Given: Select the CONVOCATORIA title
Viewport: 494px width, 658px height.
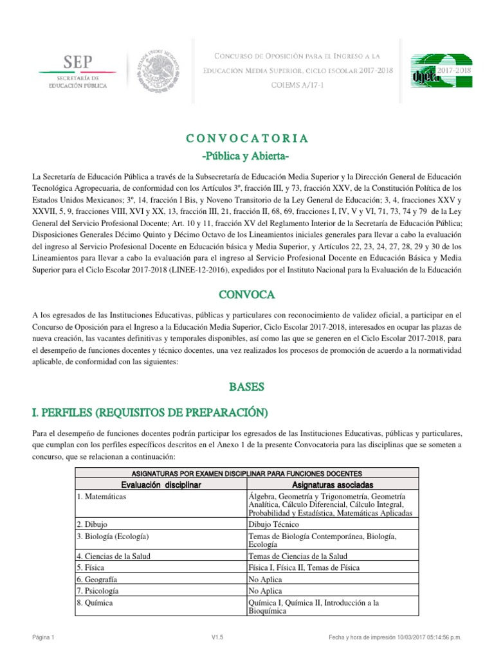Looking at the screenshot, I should tap(247, 138).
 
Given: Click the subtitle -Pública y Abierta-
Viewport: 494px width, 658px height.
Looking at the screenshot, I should tap(247, 157).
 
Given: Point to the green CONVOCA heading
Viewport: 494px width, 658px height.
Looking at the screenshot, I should tap(247, 294).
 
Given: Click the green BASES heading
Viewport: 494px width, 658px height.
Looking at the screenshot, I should tap(247, 387).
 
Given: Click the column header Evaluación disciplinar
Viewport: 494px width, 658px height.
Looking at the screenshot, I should tap(161, 484).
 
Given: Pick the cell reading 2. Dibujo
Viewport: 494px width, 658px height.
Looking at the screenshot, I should tap(93, 524).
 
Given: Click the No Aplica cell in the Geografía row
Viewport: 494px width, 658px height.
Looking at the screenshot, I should tap(264, 579).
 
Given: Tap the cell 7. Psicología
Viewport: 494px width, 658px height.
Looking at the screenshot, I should tap(100, 591).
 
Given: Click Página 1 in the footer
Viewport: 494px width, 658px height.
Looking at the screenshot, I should tap(45, 637).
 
